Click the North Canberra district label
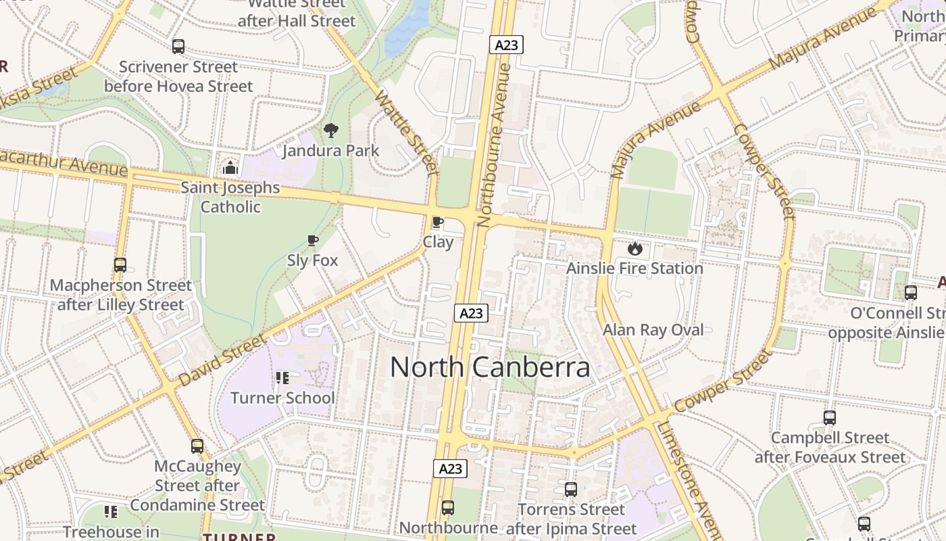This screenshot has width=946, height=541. [490, 367]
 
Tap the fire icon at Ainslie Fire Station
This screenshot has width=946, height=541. [634, 248]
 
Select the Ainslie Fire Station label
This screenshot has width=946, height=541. [634, 268]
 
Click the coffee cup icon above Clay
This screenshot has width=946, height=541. [438, 222]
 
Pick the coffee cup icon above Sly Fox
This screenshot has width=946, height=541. [312, 240]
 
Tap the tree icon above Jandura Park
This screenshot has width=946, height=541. [331, 131]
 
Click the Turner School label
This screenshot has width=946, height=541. [282, 398]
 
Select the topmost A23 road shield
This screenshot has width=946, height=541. [506, 45]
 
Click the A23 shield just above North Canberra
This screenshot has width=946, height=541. [471, 313]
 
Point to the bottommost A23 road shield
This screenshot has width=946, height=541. [450, 469]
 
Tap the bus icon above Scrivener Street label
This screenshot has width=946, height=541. [178, 47]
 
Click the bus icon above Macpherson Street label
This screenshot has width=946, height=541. [120, 265]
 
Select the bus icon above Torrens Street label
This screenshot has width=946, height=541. [571, 490]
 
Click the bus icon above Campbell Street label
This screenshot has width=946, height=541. [830, 418]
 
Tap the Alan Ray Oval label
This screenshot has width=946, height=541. [653, 330]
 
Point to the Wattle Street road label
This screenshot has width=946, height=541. [407, 132]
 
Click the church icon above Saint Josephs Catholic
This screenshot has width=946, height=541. [230, 168]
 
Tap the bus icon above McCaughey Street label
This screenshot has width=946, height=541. [197, 446]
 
